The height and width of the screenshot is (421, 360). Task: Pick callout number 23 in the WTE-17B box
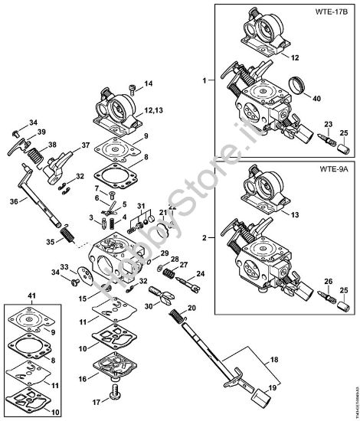point(328,124)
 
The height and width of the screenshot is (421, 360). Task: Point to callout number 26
point(328,280)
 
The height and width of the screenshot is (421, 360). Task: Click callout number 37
point(86,144)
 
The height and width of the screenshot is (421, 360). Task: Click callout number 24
point(201,273)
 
